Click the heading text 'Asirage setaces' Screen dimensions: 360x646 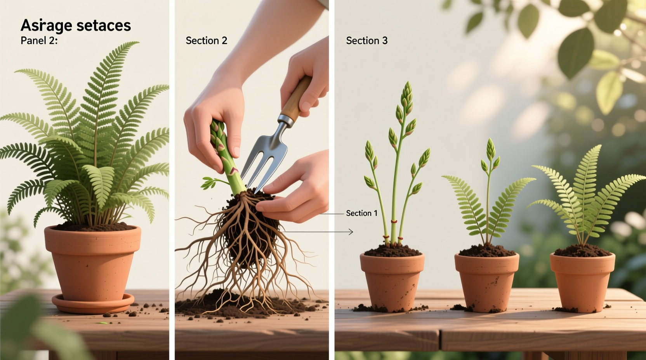[76, 25]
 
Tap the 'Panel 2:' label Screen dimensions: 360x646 [39, 40]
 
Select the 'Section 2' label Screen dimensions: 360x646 [206, 41]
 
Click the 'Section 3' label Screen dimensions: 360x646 [366, 41]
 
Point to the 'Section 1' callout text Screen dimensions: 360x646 [361, 213]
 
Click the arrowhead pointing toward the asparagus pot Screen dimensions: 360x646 [351, 232]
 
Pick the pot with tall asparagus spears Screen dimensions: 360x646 [392, 281]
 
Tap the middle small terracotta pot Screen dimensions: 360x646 [487, 281]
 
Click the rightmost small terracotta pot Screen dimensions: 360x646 [582, 281]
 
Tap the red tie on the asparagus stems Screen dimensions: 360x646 [394, 222]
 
